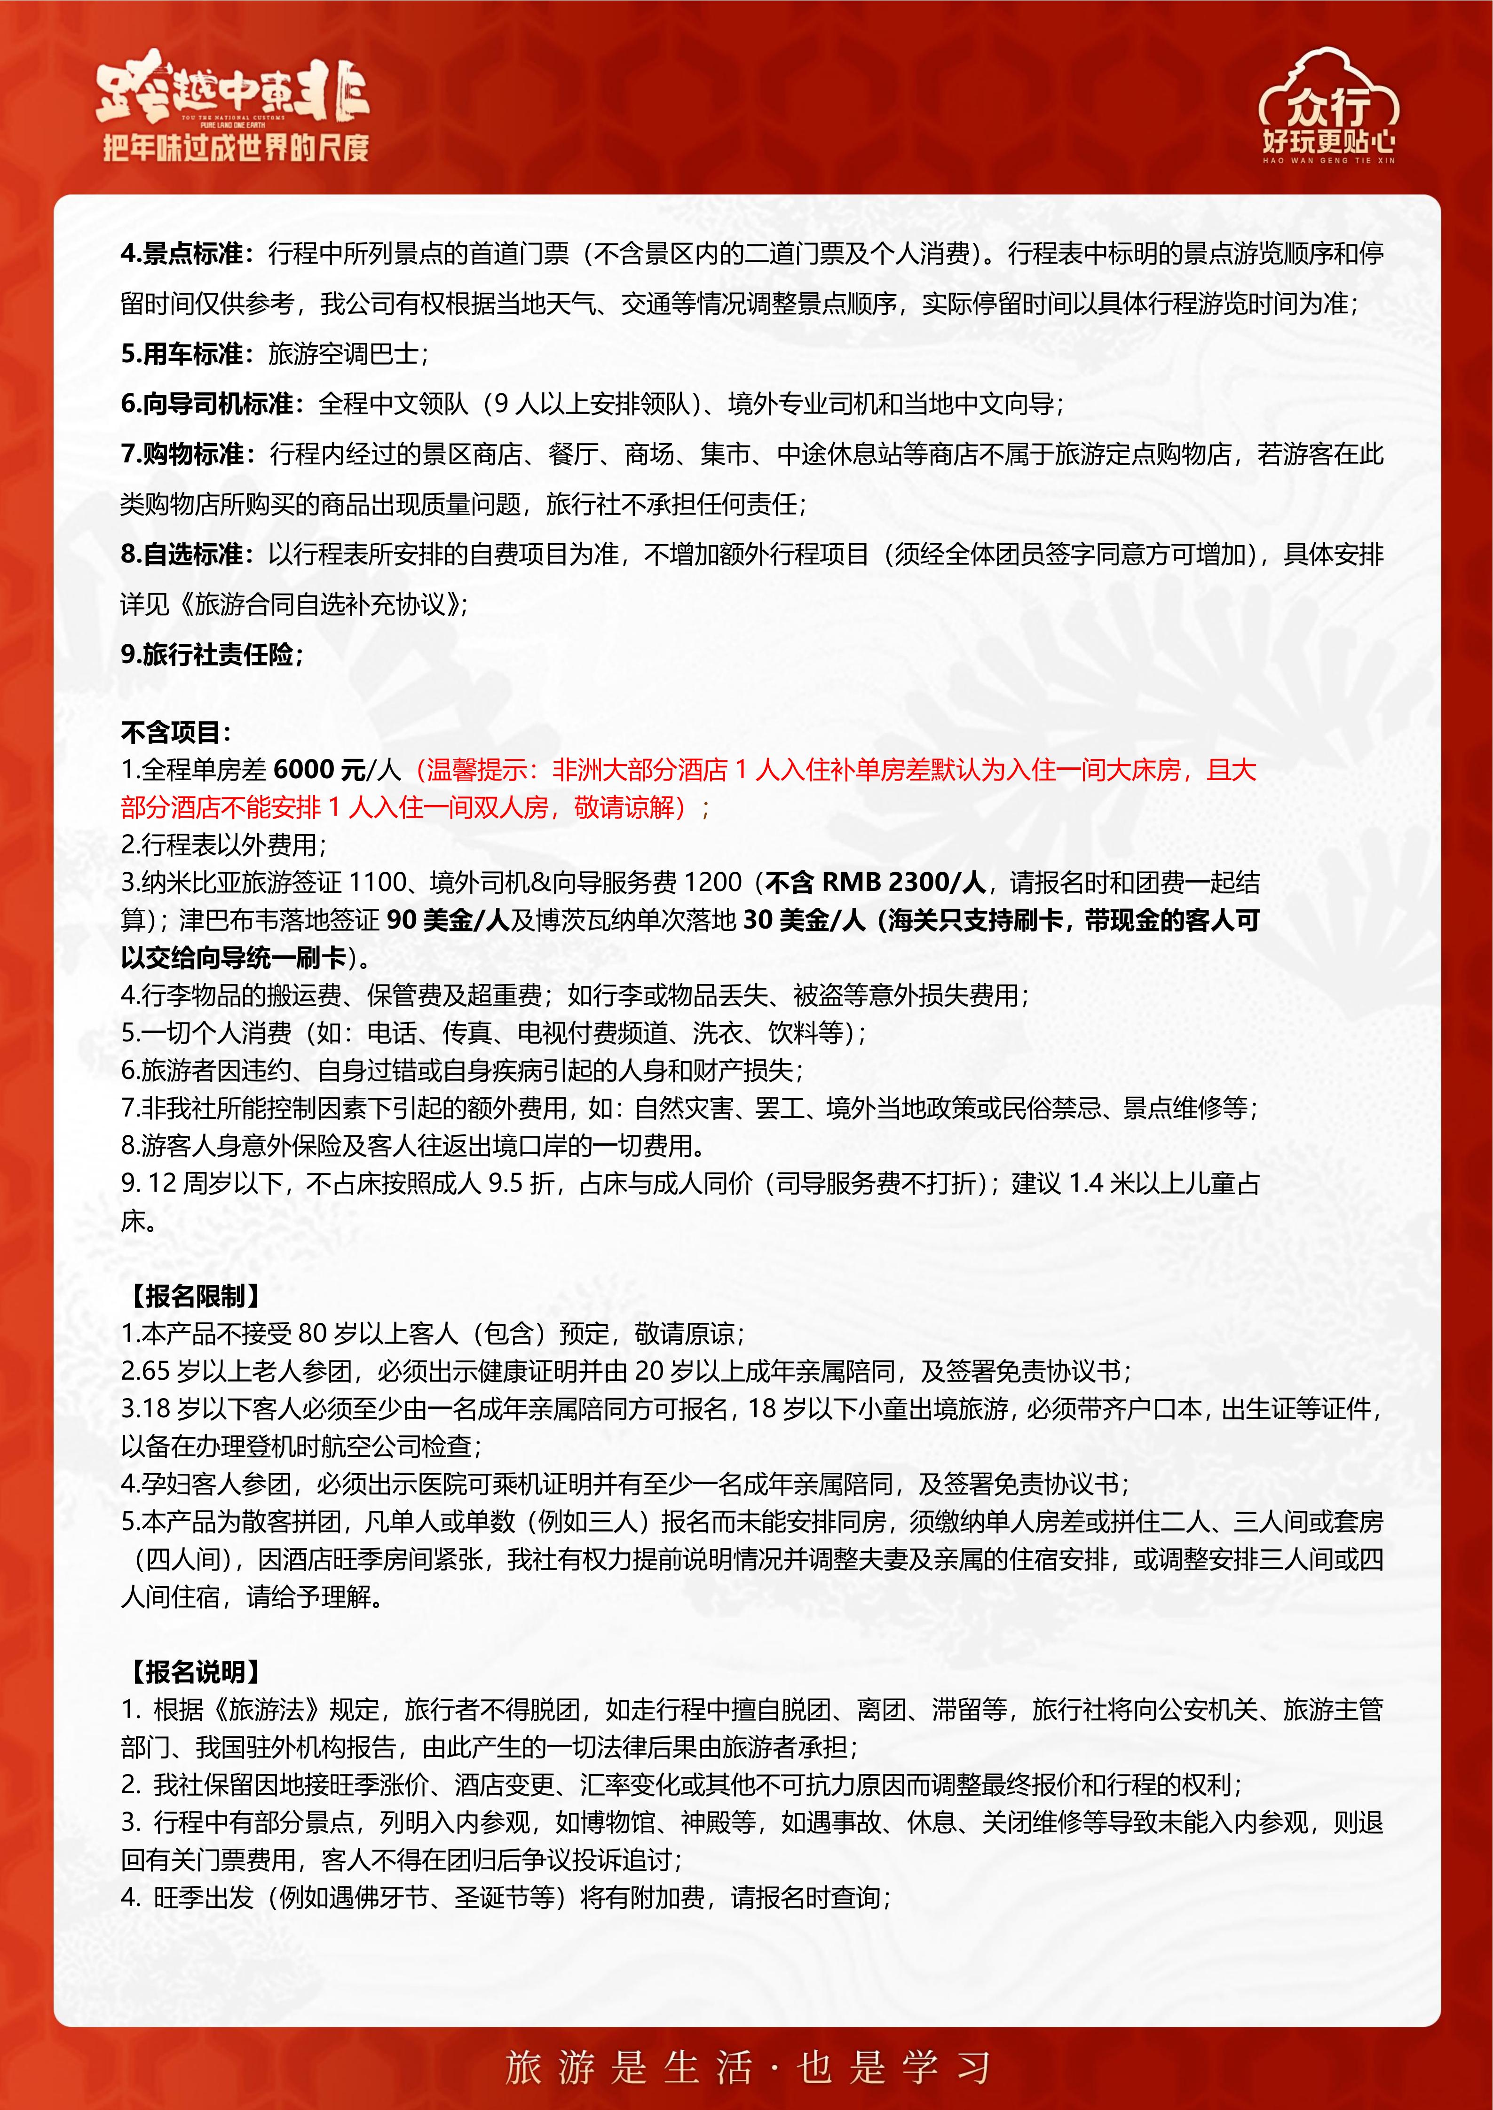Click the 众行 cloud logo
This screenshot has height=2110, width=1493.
(1328, 103)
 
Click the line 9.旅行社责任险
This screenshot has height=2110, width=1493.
(212, 654)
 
